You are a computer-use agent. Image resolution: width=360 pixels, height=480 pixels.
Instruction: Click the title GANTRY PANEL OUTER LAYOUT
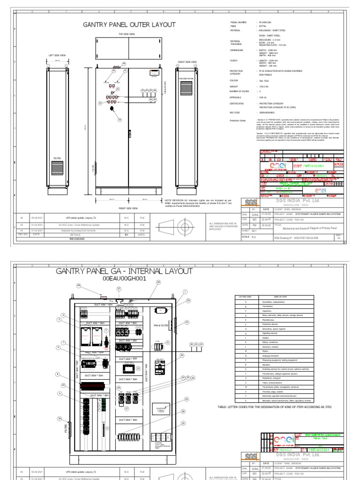coord(129,24)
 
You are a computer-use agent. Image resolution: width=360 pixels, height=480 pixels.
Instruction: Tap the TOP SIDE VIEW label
coord(126,35)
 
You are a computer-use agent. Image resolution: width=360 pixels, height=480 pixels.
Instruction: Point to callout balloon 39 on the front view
coord(120,120)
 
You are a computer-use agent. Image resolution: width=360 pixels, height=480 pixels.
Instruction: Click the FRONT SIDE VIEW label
coord(127,208)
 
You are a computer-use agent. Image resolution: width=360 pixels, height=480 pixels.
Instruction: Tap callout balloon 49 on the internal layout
coord(79,285)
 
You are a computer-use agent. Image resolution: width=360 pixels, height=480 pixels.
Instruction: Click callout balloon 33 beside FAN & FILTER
coord(187,322)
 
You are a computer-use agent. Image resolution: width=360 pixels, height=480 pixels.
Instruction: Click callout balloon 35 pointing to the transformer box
coord(186,399)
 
